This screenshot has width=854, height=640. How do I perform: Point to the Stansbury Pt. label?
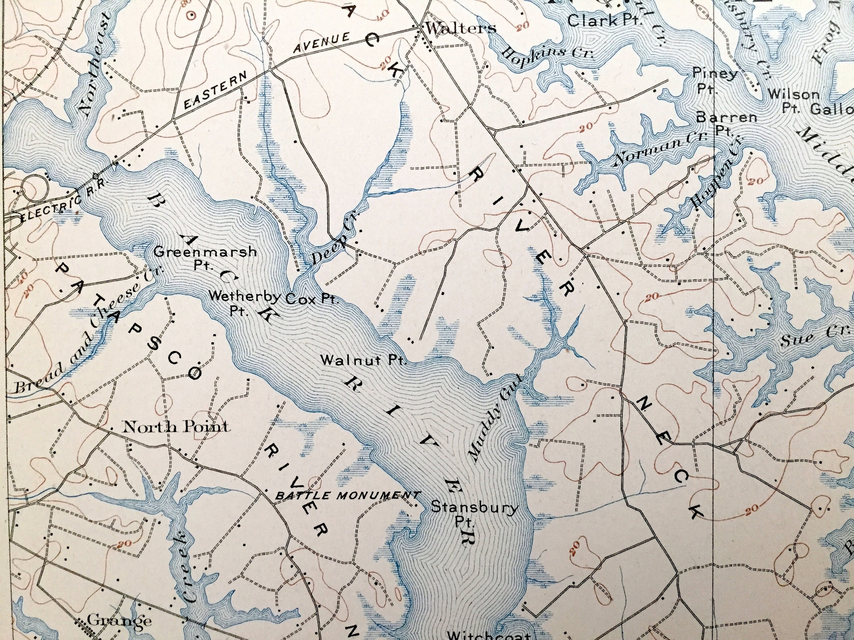click(x=474, y=513)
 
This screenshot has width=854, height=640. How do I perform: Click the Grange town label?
click(x=118, y=620)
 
